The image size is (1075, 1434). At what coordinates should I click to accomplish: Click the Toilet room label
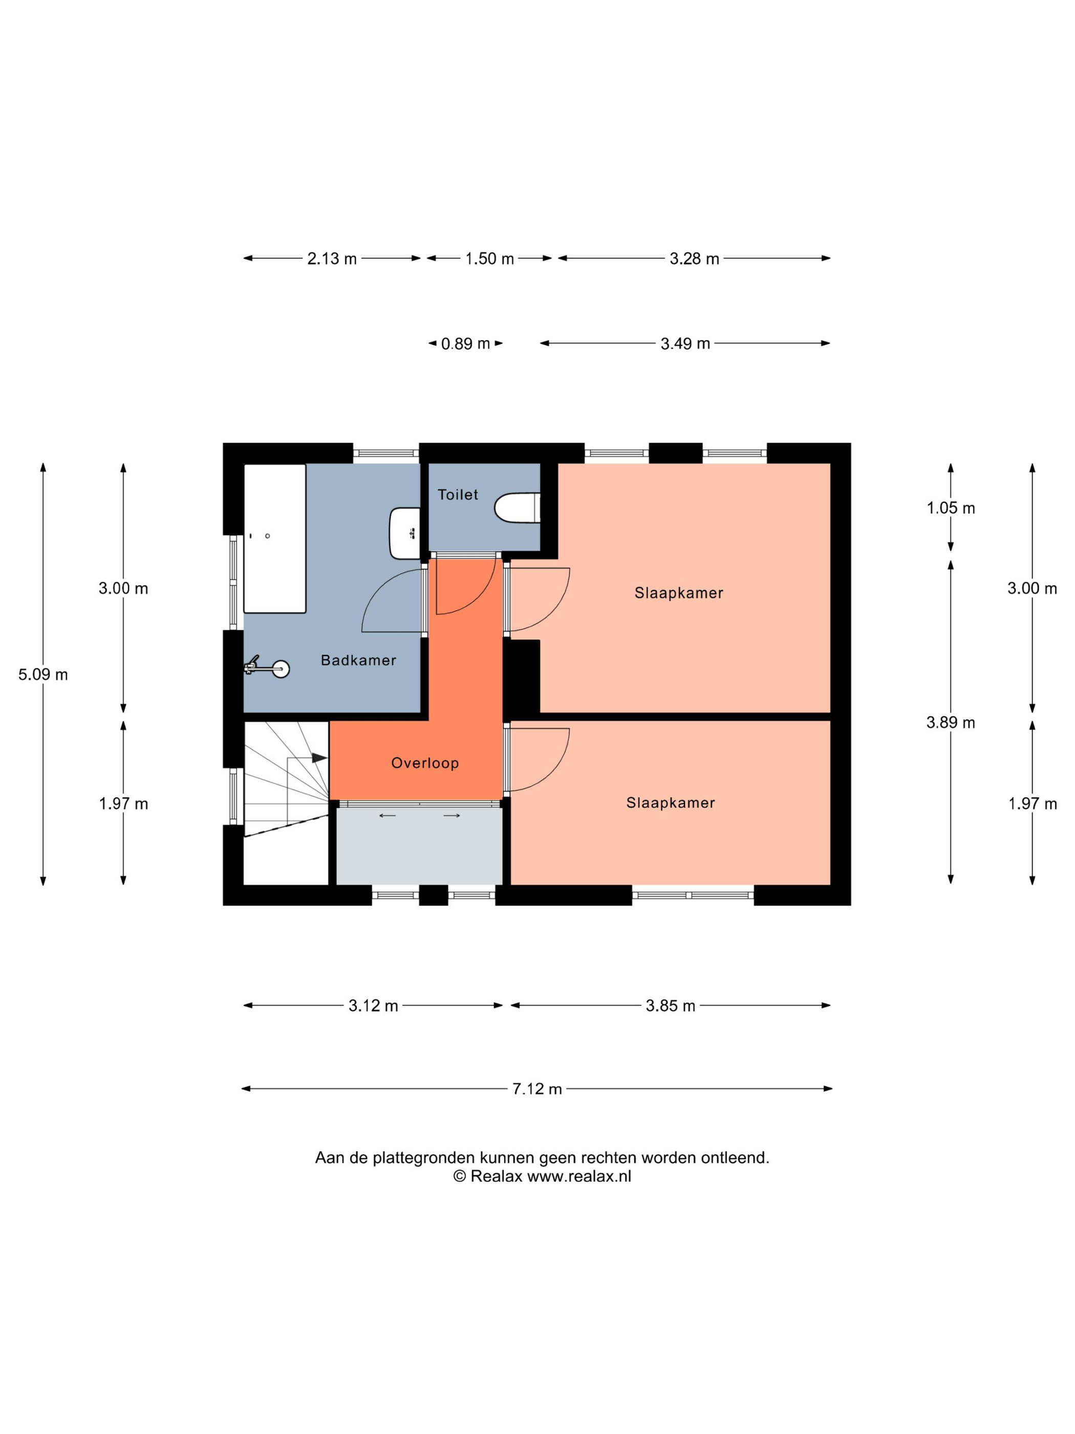click(458, 495)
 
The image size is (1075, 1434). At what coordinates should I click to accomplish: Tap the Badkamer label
click(358, 660)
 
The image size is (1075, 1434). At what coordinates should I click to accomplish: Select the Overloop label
click(425, 763)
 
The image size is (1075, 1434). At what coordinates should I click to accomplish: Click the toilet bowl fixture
click(517, 508)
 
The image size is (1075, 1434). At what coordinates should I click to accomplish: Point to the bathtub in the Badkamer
click(275, 538)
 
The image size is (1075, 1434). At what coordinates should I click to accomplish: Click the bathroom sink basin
click(404, 534)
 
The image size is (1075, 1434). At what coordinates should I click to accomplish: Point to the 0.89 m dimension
click(465, 344)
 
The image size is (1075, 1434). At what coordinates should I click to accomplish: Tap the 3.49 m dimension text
click(685, 344)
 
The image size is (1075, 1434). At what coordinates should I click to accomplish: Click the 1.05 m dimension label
click(951, 508)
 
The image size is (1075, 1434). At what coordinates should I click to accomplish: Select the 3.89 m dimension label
click(951, 722)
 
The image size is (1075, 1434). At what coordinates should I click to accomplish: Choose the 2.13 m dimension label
click(332, 259)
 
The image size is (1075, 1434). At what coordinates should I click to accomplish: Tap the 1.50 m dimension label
click(489, 259)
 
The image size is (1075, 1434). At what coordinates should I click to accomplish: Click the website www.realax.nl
click(578, 1176)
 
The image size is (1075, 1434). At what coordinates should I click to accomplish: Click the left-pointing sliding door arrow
click(388, 815)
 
